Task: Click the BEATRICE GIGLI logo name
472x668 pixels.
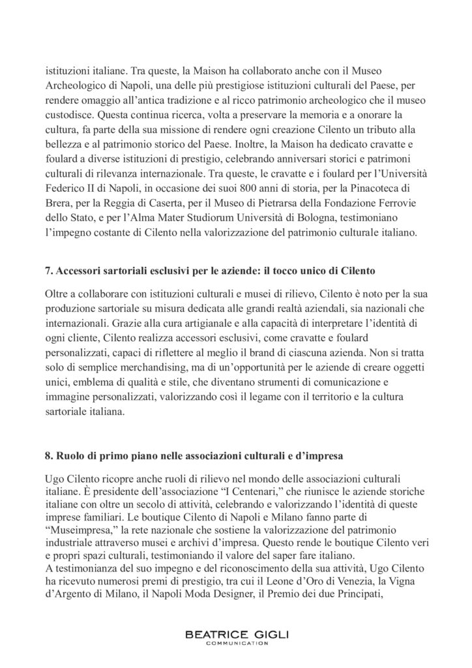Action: point(235,634)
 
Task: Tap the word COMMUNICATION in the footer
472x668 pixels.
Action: point(235,644)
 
